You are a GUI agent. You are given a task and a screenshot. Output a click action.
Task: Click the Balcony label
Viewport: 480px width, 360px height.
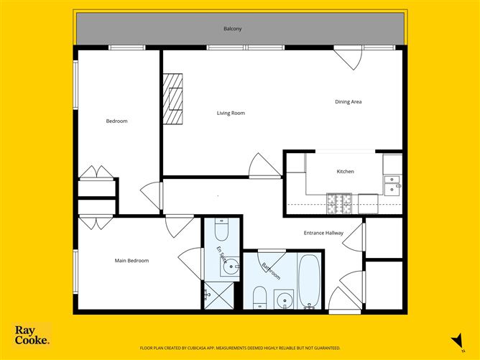(232, 29)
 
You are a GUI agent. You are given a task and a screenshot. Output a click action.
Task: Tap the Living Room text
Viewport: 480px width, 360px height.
(231, 113)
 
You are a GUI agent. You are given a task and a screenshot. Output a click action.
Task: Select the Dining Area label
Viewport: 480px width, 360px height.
(348, 101)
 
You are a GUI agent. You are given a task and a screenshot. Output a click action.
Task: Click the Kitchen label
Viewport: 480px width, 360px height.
(346, 172)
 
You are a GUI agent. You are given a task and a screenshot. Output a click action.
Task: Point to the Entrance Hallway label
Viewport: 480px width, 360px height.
(323, 233)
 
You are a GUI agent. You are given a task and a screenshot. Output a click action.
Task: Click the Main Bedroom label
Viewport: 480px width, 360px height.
(131, 261)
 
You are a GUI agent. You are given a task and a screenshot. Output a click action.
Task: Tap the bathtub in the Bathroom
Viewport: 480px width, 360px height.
(309, 281)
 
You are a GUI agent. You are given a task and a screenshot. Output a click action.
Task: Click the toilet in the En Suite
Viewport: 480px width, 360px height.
(221, 229)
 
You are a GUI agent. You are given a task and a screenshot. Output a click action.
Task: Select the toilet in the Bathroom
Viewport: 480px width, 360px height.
(260, 297)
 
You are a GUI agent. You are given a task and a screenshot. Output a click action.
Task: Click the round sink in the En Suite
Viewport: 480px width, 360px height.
(230, 267)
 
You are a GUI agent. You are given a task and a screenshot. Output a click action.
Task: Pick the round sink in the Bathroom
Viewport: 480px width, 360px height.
(284, 299)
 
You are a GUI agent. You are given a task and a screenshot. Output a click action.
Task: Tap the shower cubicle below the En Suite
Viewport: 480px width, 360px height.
(219, 295)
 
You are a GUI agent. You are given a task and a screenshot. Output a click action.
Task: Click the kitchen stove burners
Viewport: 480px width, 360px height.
(339, 203)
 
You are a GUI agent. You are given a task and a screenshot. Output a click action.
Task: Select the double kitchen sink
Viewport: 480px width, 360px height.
(392, 185)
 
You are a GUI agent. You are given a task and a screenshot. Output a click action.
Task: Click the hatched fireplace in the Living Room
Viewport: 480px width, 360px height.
(172, 99)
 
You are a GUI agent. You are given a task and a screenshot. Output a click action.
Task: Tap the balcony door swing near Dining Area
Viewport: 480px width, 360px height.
(348, 58)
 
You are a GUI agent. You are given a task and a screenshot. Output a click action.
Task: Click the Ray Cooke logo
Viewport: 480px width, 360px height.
(32, 335)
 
